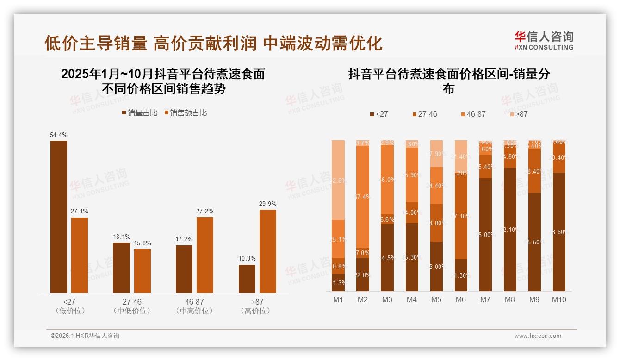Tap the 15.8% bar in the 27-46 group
pyautogui.click(x=143, y=271)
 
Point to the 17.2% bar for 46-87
pyautogui.click(x=184, y=269)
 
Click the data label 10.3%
pyautogui.click(x=247, y=258)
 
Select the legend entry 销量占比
pyautogui.click(x=140, y=113)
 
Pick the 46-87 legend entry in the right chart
pyautogui.click(x=473, y=114)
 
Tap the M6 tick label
pyautogui.click(x=460, y=299)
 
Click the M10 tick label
pyautogui.click(x=559, y=299)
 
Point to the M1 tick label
pyautogui.click(x=338, y=299)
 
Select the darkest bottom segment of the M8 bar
pyautogui.click(x=510, y=229)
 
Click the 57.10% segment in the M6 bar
pyautogui.click(x=461, y=216)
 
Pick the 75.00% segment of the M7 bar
pyautogui.click(x=485, y=235)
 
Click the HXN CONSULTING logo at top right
pyautogui.click(x=544, y=40)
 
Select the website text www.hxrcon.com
pyautogui.click(x=538, y=336)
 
